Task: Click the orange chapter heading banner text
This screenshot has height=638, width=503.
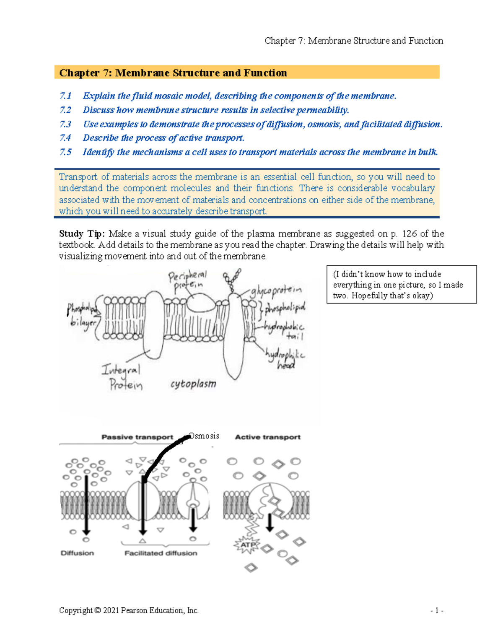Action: click(x=173, y=73)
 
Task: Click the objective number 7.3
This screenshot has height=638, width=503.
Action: click(x=65, y=124)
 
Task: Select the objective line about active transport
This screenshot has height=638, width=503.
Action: click(x=163, y=138)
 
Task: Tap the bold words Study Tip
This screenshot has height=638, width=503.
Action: click(x=82, y=233)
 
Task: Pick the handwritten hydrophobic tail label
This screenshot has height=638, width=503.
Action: click(x=285, y=331)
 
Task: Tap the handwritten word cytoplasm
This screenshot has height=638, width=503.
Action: click(x=193, y=384)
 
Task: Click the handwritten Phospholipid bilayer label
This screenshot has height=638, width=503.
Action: click(x=82, y=316)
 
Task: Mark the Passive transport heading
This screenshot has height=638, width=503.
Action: click(x=137, y=437)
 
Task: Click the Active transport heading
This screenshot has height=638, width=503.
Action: click(x=267, y=437)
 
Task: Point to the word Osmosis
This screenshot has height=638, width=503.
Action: click(x=204, y=436)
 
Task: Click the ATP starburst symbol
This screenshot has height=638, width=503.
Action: click(x=248, y=545)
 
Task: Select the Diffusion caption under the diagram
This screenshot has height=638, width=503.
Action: click(x=77, y=553)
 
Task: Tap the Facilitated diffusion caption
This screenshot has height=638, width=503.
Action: click(x=161, y=553)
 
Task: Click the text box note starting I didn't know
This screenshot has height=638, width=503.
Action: click(x=401, y=285)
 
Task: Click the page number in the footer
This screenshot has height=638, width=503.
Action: click(x=436, y=610)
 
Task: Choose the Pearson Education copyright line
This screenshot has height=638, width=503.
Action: click(x=129, y=610)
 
